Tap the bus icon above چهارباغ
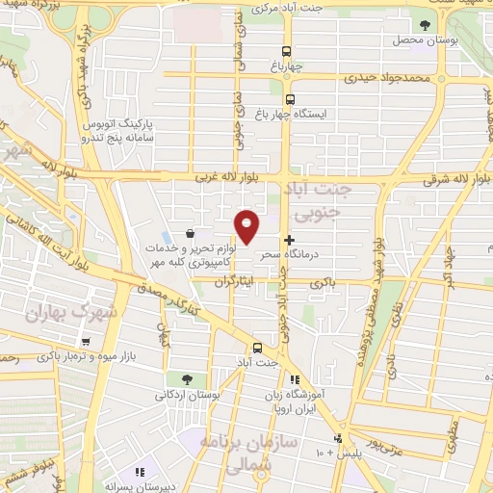286,52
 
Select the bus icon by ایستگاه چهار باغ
290,97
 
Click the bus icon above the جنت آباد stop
257,348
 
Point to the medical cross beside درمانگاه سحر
289,239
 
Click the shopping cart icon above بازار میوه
87,341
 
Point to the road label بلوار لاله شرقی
453,178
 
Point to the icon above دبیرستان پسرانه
141,472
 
